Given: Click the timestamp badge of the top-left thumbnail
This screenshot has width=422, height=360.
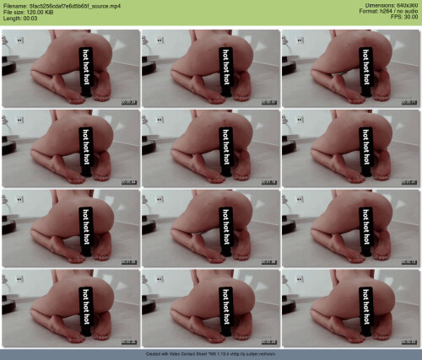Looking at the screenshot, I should [129, 101].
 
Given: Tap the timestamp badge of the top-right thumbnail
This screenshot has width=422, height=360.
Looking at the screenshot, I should [409, 101].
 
